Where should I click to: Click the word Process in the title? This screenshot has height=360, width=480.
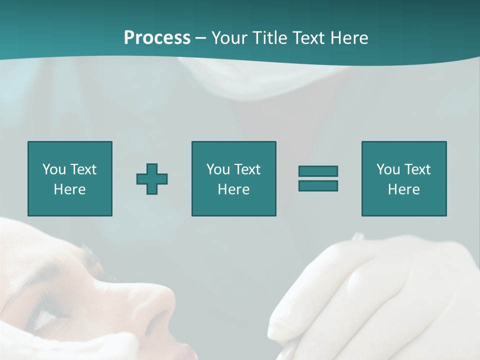tap(157, 38)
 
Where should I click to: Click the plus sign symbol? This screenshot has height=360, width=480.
tap(152, 179)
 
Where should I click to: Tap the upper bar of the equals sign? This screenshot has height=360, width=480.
tap(318, 171)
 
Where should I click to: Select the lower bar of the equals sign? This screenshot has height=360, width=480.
tap(318, 185)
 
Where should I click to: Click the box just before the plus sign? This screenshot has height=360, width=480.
tap(69, 178)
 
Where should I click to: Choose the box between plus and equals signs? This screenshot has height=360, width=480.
tap(233, 178)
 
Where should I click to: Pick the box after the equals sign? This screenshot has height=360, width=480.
tap(403, 178)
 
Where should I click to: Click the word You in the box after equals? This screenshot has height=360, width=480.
tap(388, 169)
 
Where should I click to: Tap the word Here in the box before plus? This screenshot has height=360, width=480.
tap(69, 189)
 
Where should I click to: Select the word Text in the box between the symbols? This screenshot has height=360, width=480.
tap(247, 169)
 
